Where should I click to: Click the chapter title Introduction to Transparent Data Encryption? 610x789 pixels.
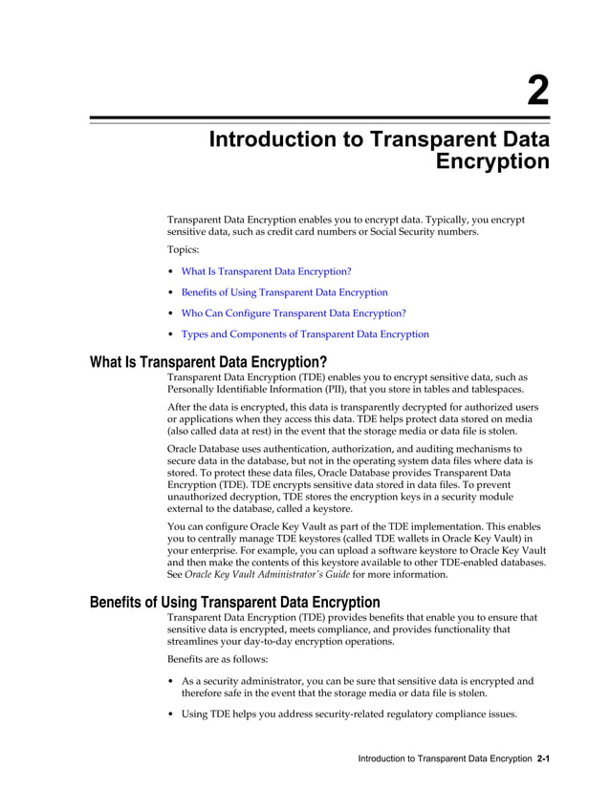[379, 150]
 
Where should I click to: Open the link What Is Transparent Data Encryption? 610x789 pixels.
[266, 271]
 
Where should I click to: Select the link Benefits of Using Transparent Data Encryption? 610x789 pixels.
[284, 292]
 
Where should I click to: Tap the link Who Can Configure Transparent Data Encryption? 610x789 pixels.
[294, 313]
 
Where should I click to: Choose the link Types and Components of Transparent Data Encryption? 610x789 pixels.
[305, 334]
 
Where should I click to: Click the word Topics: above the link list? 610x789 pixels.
[184, 249]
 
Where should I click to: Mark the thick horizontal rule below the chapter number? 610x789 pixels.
[319, 119]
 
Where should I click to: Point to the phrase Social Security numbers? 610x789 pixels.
[423, 232]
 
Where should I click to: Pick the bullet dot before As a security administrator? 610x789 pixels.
[171, 682]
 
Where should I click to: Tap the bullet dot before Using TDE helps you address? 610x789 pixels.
[171, 714]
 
